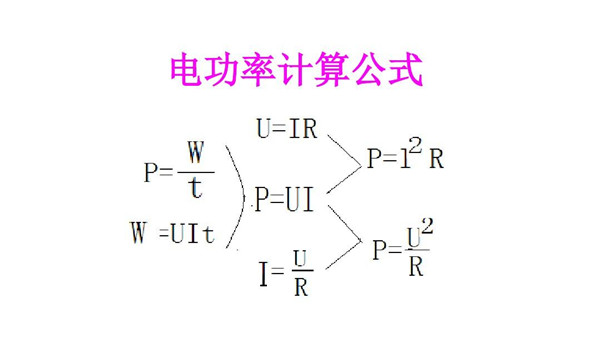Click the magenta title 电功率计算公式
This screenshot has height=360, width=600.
click(x=296, y=71)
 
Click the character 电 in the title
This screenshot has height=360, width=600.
click(x=186, y=71)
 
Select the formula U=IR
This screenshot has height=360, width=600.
click(x=287, y=130)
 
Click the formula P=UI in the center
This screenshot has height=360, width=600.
click(x=285, y=200)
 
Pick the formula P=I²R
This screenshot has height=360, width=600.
click(x=404, y=158)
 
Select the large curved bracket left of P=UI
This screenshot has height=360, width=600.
click(x=238, y=195)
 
